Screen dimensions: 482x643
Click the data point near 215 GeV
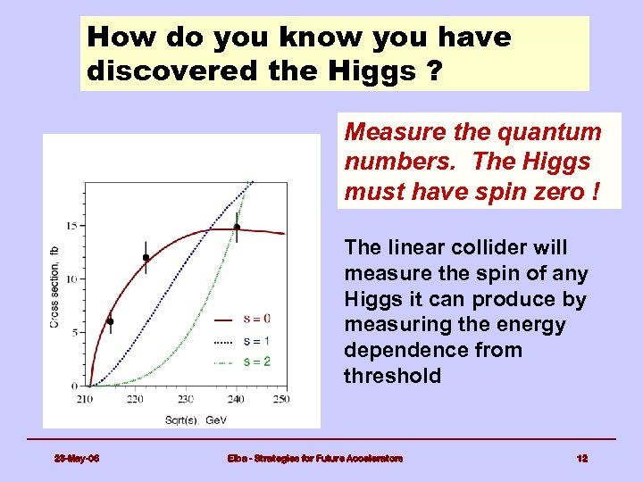coord(110,321)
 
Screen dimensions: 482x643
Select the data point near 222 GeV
coord(146,258)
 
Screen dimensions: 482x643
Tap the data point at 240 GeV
coord(237,227)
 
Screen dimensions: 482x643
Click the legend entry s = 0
coord(257,319)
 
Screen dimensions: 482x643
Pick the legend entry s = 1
coord(257,340)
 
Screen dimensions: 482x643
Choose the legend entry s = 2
coord(257,361)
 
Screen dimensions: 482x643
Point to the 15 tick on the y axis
coord(73,226)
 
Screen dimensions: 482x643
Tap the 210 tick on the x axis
coord(86,398)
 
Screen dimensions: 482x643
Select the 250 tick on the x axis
coord(281,398)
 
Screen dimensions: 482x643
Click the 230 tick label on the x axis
coord(184,398)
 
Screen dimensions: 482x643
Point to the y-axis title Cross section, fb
coord(54,287)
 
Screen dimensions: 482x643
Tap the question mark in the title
coord(433,71)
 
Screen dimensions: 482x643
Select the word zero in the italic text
coord(558,192)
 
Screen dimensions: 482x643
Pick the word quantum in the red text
coord(553,132)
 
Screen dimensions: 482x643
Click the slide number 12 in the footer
coord(581,458)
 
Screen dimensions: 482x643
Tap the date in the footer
coord(76,458)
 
